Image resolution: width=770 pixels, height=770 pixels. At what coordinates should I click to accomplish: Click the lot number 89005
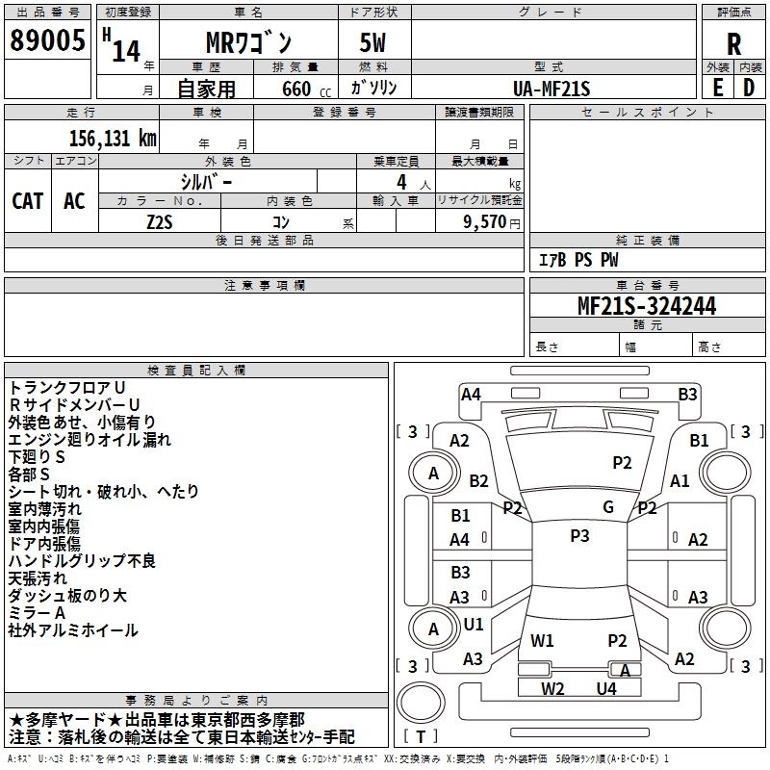47,41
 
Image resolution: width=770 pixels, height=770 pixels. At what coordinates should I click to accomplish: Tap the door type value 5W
374,42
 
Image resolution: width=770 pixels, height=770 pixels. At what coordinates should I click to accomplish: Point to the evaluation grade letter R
734,43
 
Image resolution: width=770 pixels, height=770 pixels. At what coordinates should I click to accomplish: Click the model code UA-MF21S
552,89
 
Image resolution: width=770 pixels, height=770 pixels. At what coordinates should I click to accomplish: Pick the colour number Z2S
160,220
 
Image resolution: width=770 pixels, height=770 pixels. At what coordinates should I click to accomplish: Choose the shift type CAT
28,200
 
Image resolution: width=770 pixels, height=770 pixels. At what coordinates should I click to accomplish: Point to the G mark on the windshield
608,506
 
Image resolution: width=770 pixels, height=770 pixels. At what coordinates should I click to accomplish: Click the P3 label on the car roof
579,536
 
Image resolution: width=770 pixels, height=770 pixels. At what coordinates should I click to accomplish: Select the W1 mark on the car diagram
543,640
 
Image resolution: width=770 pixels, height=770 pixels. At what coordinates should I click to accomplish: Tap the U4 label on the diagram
606,688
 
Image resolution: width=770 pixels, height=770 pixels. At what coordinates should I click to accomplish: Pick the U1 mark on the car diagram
474,624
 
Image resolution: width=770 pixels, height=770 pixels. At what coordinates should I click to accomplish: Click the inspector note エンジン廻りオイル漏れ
90,439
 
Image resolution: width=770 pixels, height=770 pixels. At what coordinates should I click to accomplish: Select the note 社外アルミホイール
73,630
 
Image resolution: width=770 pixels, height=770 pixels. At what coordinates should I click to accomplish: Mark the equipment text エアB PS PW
578,260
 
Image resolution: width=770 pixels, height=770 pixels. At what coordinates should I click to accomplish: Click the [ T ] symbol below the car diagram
422,736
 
